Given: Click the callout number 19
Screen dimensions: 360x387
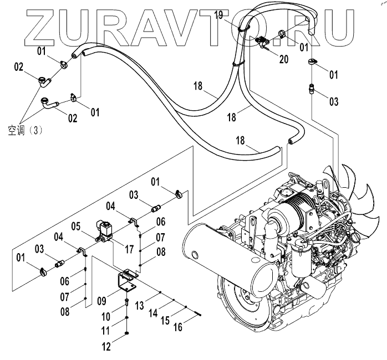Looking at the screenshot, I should (x=219, y=15).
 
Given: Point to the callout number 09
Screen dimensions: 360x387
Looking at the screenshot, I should (x=101, y=301).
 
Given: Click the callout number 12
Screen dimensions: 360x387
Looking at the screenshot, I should (x=106, y=347).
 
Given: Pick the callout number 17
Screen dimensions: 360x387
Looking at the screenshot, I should (x=128, y=249).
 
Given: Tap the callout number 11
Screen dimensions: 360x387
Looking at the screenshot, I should (x=106, y=331).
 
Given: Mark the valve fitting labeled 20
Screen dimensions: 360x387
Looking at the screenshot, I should (x=262, y=42).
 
